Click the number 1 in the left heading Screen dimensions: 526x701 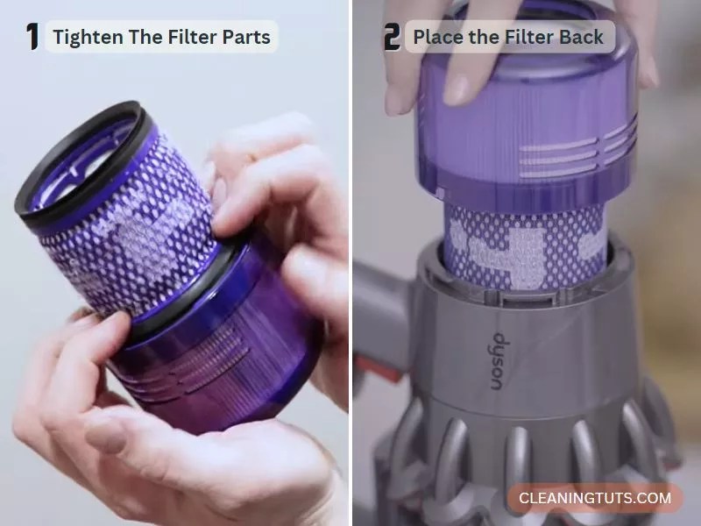33,37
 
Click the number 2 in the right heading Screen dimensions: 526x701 392,37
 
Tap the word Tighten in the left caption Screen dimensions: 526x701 87,38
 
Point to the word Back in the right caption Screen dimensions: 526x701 582,38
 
